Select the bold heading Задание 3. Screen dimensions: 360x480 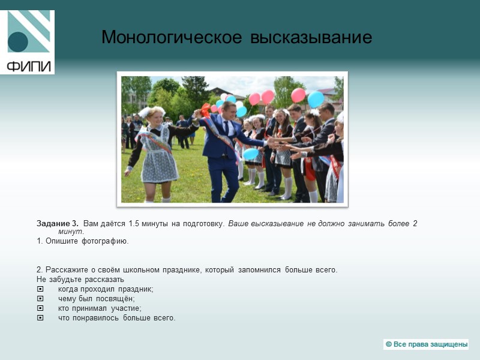[x=58, y=224]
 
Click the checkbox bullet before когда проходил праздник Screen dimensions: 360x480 [x=40, y=289]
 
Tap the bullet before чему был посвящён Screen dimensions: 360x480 [x=40, y=299]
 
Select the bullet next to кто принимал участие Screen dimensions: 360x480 [x=40, y=308]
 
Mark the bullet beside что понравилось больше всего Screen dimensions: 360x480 [x=40, y=318]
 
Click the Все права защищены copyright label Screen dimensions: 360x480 [x=426, y=344]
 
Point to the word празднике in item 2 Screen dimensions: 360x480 [x=183, y=270]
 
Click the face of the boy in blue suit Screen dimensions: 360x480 [x=229, y=110]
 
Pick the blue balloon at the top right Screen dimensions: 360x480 [x=316, y=98]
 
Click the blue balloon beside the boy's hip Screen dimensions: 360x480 [x=251, y=154]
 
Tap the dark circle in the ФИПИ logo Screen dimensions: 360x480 [x=19, y=41]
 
